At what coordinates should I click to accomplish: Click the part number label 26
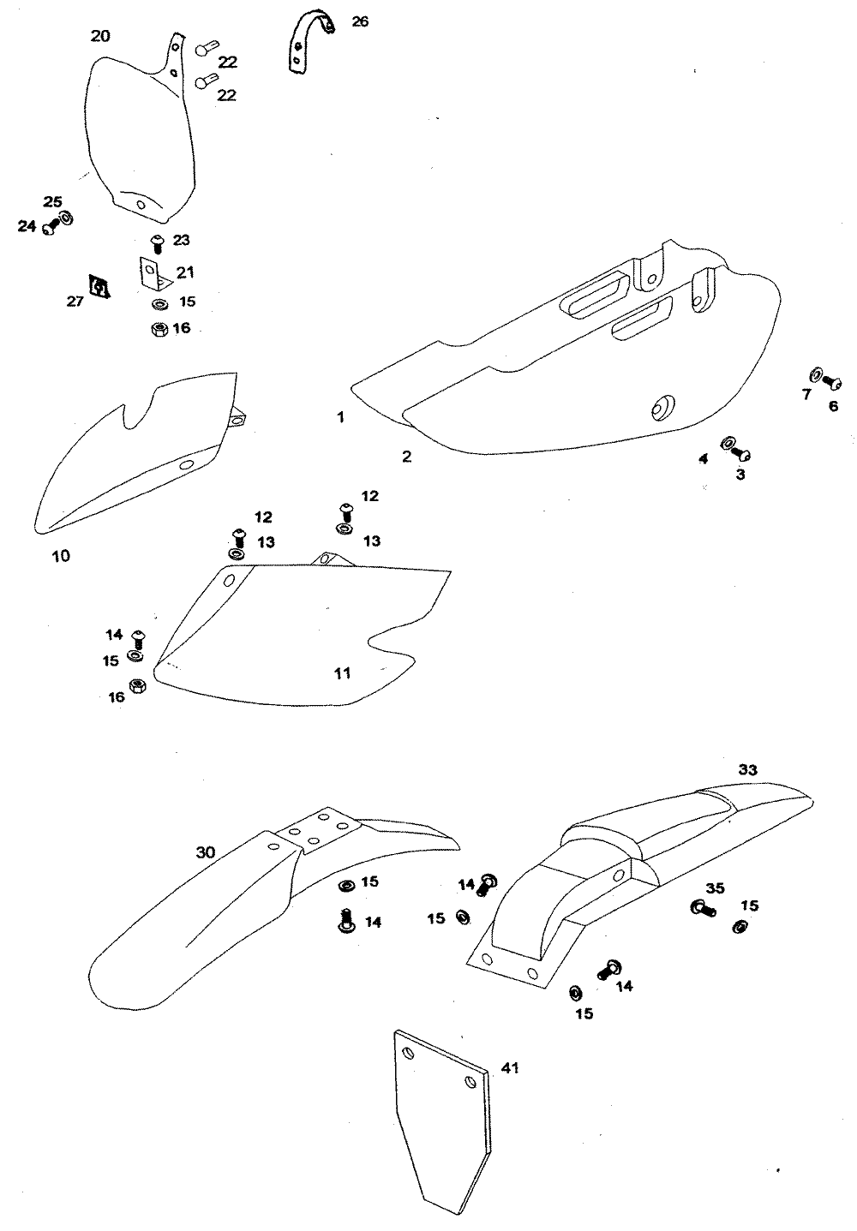click(360, 21)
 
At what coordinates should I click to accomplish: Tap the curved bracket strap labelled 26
click(305, 39)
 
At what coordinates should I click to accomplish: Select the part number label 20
click(100, 36)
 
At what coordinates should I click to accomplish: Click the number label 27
click(75, 302)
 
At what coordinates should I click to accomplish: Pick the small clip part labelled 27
click(99, 287)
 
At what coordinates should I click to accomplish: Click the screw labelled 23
click(157, 242)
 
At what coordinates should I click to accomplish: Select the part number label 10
click(61, 556)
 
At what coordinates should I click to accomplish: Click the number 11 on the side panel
click(342, 673)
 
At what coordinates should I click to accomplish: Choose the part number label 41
click(510, 1068)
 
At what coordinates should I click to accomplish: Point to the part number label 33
click(747, 770)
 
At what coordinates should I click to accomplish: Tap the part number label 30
click(206, 852)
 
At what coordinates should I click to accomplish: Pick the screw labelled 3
click(743, 452)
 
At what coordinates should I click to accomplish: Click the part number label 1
click(340, 417)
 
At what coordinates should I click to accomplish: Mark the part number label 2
click(406, 457)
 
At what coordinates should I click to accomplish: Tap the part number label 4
click(703, 459)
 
